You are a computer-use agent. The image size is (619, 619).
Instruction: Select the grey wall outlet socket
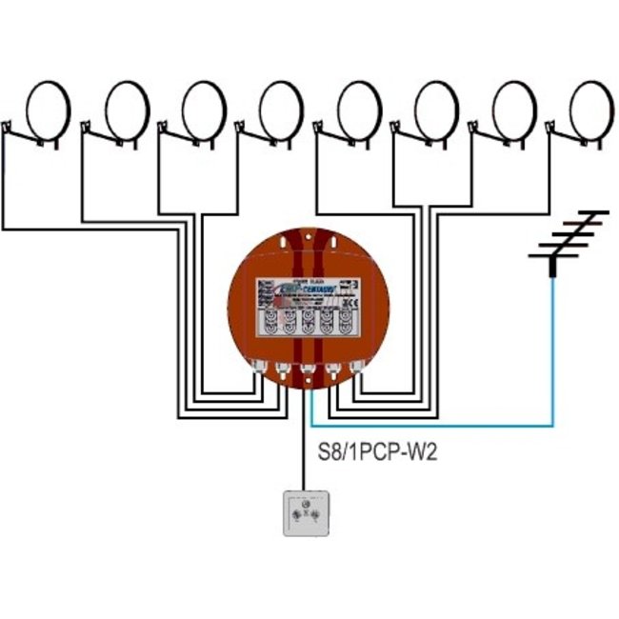coord(309,513)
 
